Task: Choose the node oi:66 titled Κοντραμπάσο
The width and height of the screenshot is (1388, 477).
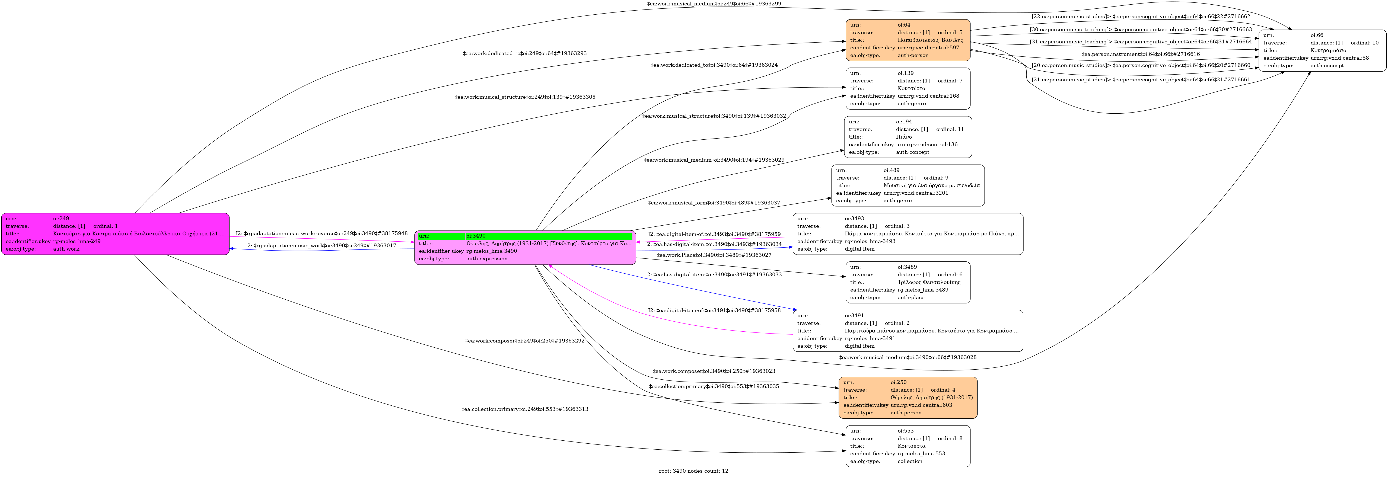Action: click(1322, 51)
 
